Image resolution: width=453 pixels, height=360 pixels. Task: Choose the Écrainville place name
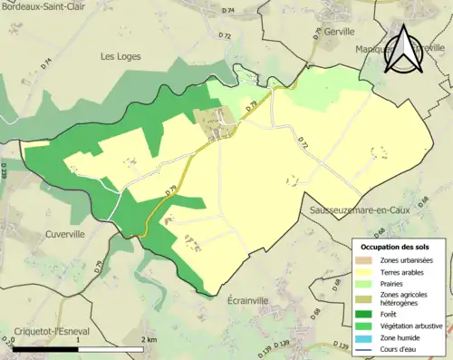(255, 299)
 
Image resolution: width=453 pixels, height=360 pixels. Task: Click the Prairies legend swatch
(364, 282)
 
